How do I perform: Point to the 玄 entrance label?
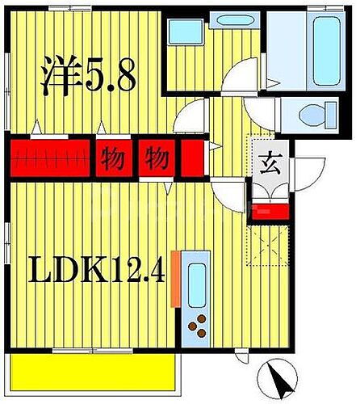point(267,162)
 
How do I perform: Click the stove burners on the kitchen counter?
point(198,326)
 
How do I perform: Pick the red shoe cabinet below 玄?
point(269,212)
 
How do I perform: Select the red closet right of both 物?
point(191,157)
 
